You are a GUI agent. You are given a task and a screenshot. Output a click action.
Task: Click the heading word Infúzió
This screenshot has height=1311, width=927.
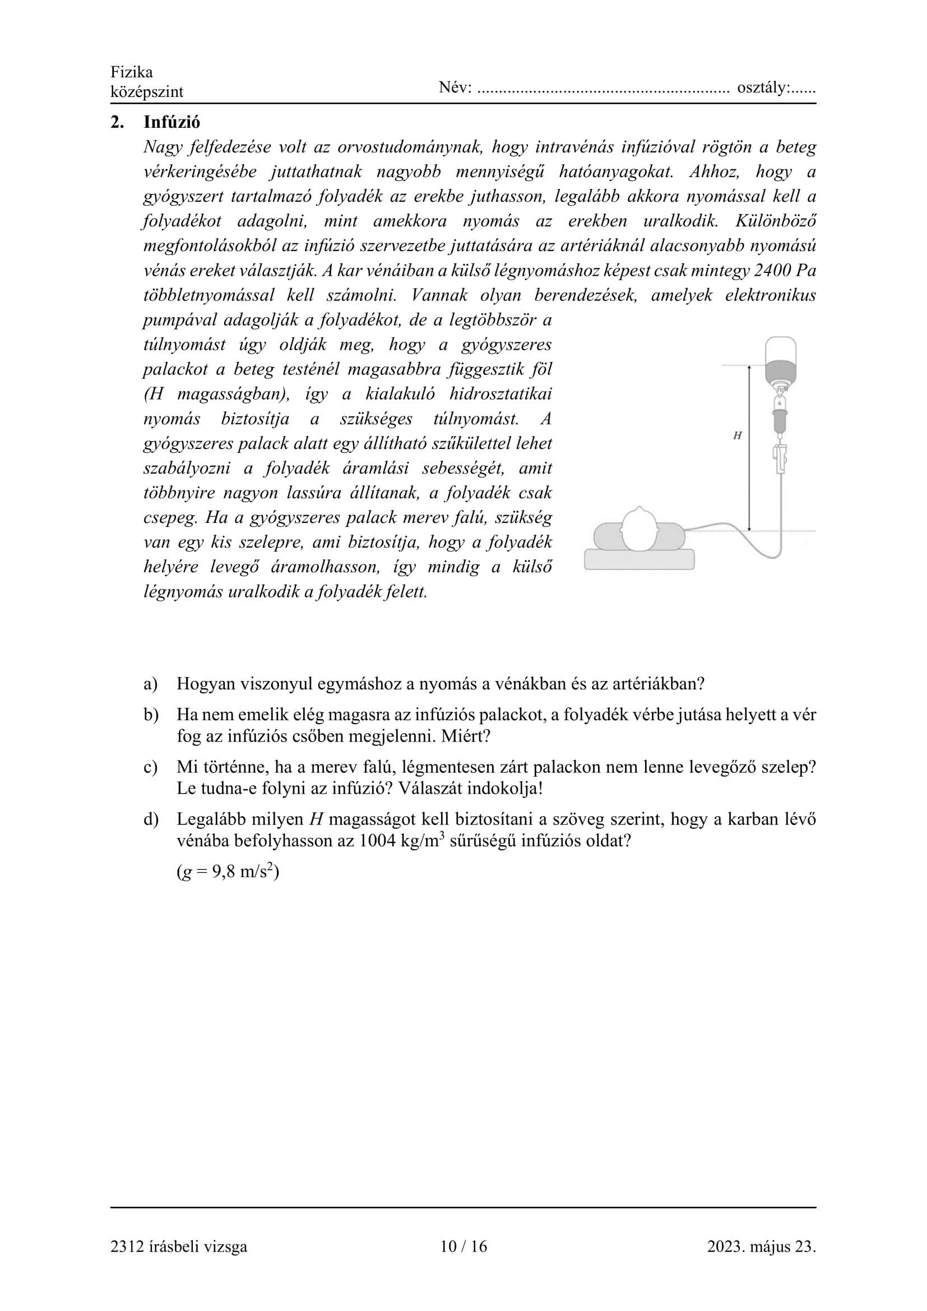[x=172, y=122]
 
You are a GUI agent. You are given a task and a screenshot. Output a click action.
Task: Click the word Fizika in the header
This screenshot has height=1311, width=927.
[x=132, y=72]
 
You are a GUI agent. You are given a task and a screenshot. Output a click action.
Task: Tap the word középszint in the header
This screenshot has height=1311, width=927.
[x=147, y=92]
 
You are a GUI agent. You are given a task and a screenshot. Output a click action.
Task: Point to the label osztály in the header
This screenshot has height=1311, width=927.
[x=763, y=88]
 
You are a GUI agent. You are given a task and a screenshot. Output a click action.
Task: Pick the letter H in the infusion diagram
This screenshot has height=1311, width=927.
[x=737, y=436]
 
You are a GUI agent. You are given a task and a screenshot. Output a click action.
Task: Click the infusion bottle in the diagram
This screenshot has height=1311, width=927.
[x=780, y=360]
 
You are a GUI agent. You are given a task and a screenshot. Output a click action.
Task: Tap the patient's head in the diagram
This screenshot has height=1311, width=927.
[x=639, y=529]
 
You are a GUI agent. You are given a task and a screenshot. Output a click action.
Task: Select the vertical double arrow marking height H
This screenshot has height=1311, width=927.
[x=749, y=448]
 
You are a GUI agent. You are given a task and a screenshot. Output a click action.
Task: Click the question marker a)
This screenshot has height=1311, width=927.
[x=150, y=684]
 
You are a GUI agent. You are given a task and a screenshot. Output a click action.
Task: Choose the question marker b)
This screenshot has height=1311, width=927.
[x=151, y=715]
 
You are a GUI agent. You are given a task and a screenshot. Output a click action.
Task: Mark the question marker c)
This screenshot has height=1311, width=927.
[x=150, y=767]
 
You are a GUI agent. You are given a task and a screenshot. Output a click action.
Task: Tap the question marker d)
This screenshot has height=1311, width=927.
[x=151, y=819]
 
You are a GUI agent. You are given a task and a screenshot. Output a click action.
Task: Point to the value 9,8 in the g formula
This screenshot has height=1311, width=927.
[x=223, y=873]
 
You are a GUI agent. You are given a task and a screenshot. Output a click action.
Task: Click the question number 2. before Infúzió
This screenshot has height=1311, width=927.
[x=117, y=122]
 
